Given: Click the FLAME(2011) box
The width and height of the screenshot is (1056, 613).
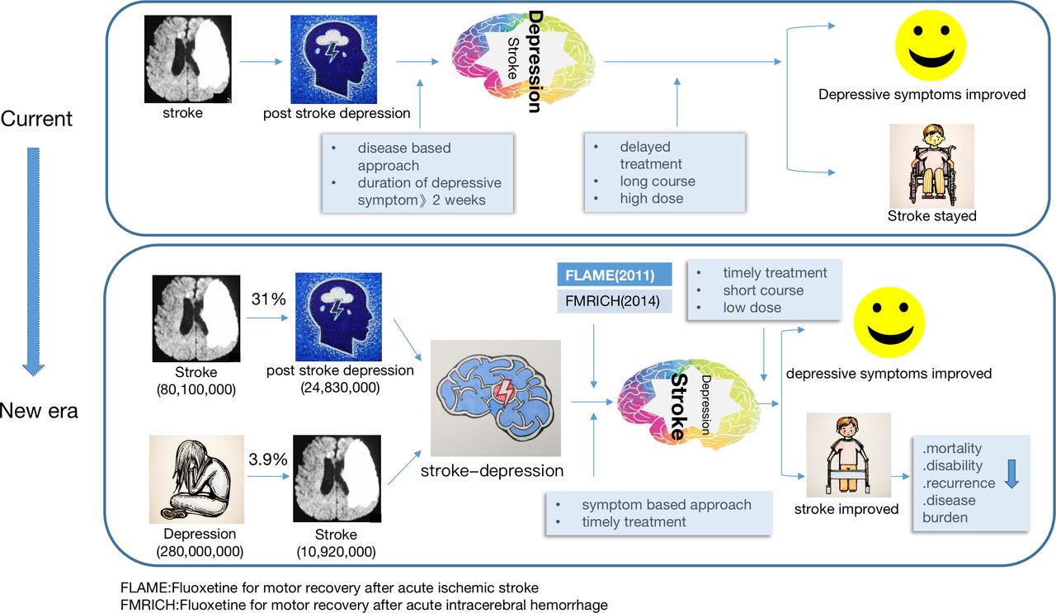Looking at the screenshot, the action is tap(615, 275).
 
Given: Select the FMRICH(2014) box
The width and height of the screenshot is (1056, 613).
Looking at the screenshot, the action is tap(615, 301).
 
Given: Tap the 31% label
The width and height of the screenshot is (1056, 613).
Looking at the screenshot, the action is tap(268, 299).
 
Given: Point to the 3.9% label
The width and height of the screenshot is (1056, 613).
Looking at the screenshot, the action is tap(268, 460).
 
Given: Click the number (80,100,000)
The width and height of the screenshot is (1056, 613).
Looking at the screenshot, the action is tap(196, 389).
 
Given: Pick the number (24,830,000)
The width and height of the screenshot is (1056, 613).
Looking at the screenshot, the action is tap(340, 388).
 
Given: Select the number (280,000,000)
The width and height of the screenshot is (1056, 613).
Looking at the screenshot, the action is tap(200, 551).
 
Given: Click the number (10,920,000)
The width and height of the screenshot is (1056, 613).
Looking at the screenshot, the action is tap(336, 552).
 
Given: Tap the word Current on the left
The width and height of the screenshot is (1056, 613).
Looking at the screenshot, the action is tap(36, 118).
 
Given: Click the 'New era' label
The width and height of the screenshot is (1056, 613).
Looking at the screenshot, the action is tap(39, 411).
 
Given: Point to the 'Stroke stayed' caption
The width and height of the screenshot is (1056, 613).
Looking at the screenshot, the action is tap(932, 216).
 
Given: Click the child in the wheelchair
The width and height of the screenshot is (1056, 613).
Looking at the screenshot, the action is tap(932, 166).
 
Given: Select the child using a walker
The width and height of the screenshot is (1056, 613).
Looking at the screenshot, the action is tap(849, 455).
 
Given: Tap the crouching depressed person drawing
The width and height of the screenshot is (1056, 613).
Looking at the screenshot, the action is tap(196, 479).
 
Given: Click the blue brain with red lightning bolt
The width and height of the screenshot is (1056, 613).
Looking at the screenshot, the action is tap(496, 398).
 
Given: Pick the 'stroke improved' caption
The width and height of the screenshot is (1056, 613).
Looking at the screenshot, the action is tap(846, 509).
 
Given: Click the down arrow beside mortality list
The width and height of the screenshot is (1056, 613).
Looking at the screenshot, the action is tap(1011, 474).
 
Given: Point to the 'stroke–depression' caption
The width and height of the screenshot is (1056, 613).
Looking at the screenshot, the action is tap(493, 470).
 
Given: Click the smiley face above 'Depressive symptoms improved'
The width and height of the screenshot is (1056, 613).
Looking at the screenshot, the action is tap(931, 45).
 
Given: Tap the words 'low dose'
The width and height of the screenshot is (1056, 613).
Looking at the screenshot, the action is tap(752, 308).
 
